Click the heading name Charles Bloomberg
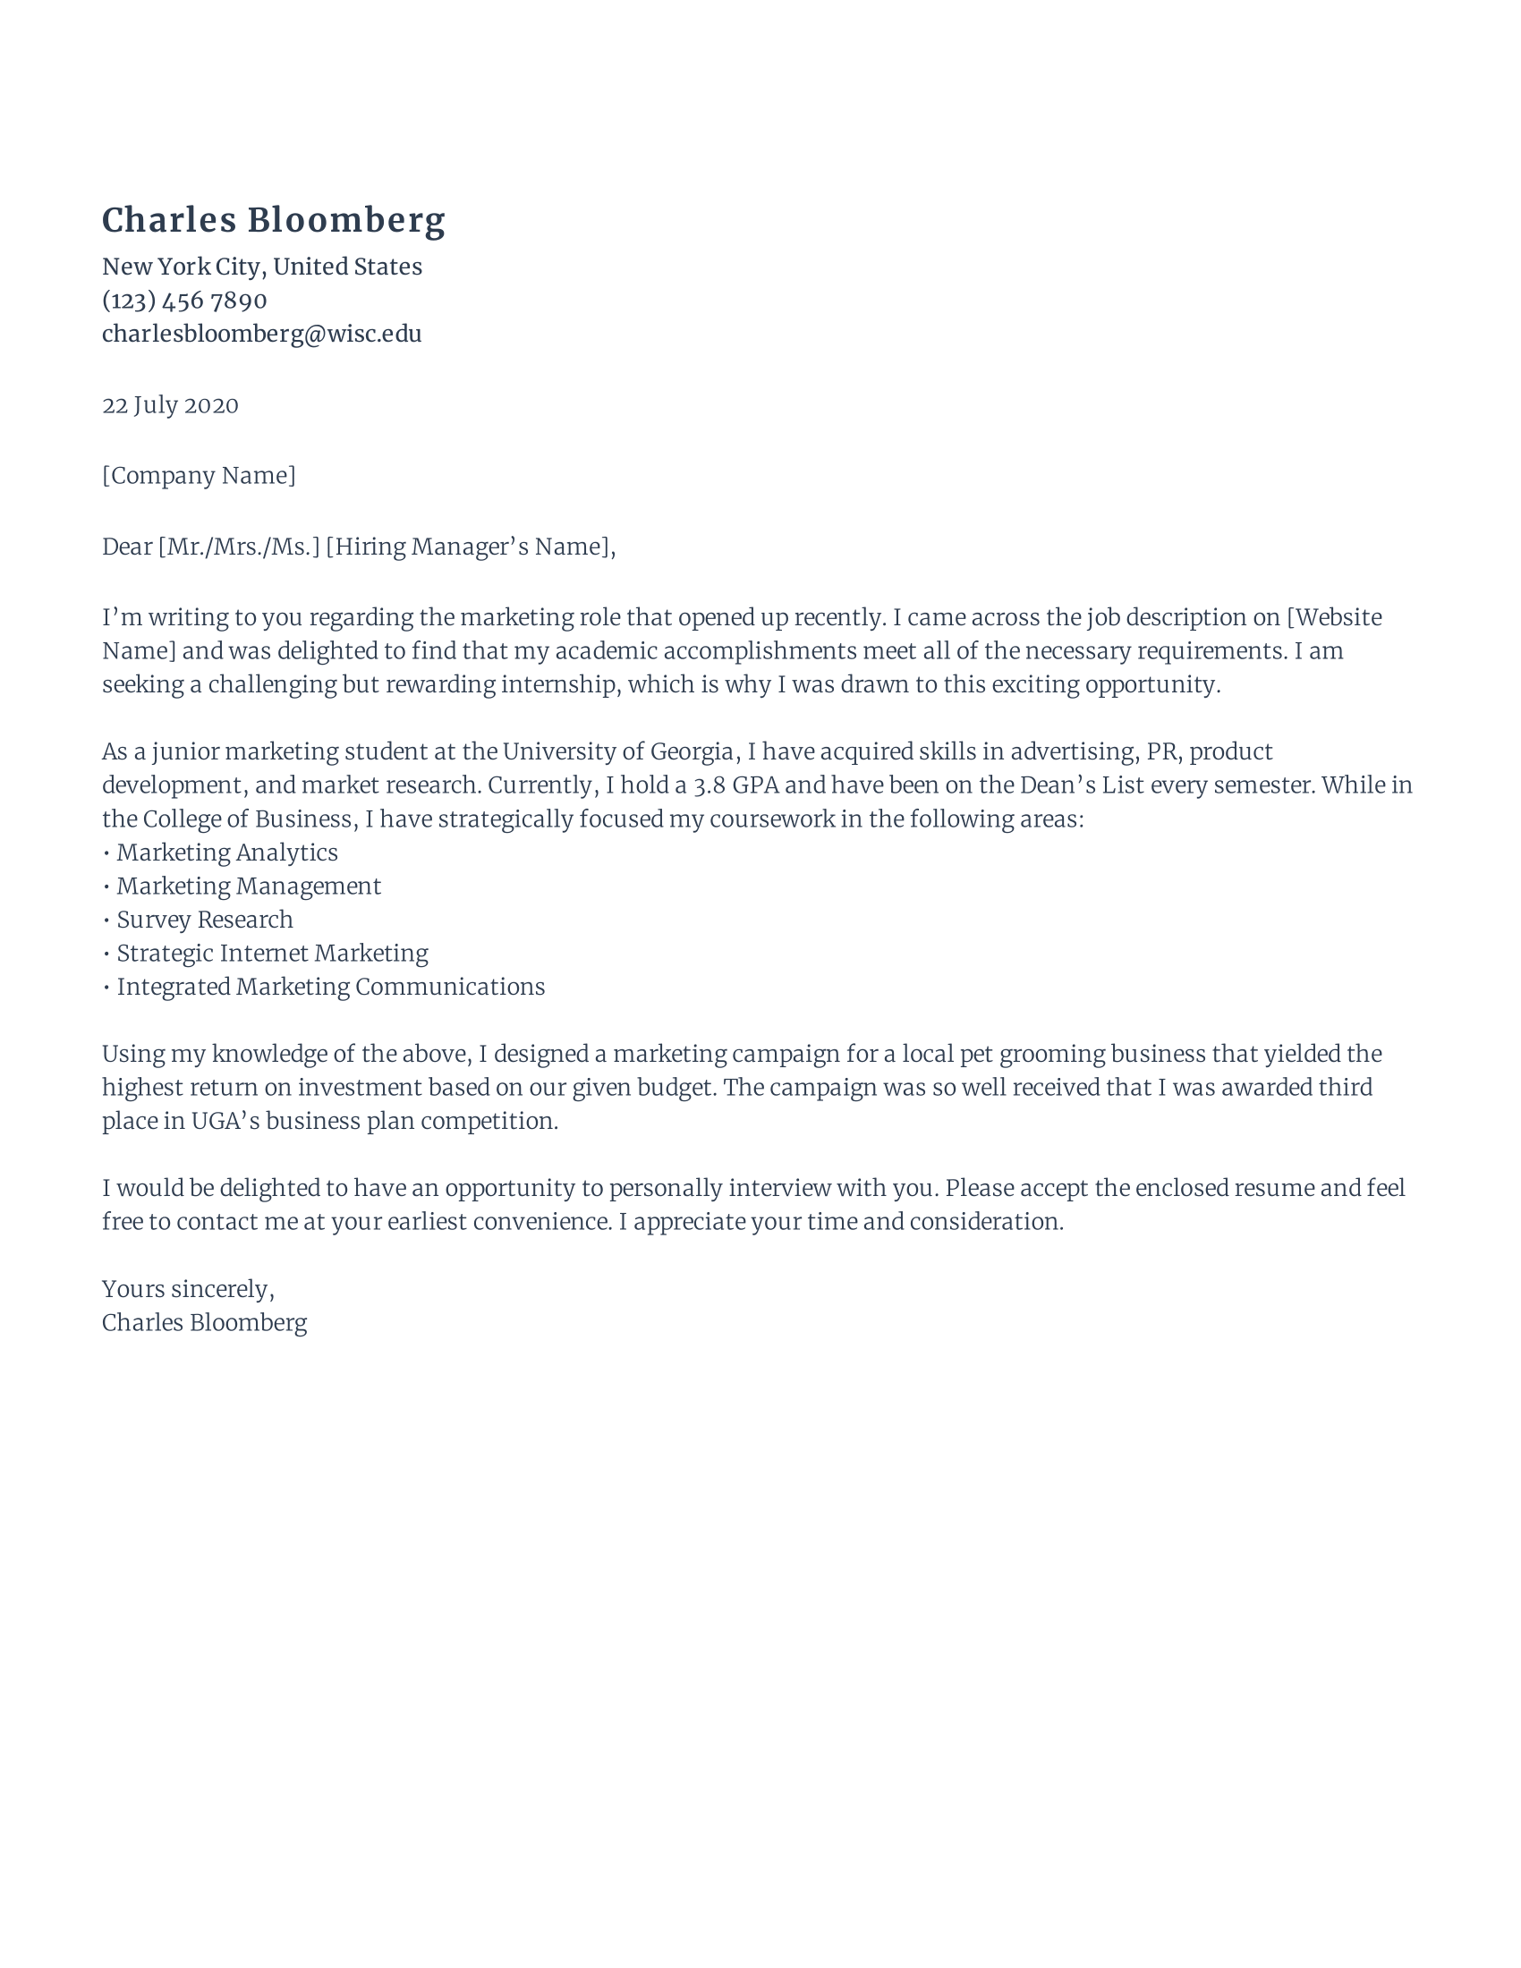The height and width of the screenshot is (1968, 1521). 273,220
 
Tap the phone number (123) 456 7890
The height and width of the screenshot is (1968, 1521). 183,300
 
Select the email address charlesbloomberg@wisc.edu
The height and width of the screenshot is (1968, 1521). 261,334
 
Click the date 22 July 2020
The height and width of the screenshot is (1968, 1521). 170,404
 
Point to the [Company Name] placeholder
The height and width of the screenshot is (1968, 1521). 199,475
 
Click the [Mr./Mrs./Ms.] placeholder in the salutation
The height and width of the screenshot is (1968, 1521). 239,546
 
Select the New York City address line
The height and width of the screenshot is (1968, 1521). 261,267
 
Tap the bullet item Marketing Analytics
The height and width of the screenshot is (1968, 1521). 227,852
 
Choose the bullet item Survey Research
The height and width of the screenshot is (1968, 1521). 205,919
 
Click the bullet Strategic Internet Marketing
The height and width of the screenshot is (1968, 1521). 272,953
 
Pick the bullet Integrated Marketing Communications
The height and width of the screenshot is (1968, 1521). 331,986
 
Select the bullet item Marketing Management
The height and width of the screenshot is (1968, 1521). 249,886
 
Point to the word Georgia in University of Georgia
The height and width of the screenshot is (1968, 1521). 692,751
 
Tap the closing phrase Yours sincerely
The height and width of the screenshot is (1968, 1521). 187,1288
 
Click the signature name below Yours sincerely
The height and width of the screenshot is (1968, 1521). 205,1322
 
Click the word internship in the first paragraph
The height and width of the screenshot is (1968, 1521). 558,684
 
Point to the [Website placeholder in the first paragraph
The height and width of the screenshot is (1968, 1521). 1335,617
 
